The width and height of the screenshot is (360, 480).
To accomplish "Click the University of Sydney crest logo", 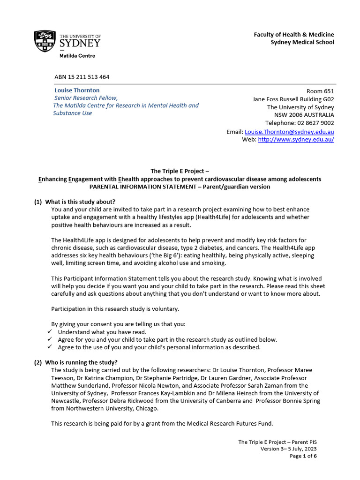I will click(x=44, y=41).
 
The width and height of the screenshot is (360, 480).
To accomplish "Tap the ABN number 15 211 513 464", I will click(x=82, y=77).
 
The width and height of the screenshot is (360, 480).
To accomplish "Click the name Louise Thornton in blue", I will click(x=77, y=90).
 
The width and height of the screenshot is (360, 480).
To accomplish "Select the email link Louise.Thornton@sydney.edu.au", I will click(x=289, y=132).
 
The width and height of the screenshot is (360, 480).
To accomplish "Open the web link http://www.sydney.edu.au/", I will click(x=296, y=140).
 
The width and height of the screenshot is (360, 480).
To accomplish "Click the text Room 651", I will click(x=320, y=91).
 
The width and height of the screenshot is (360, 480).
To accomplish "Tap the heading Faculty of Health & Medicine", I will click(x=294, y=34).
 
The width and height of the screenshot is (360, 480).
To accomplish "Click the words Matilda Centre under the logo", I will click(x=77, y=56).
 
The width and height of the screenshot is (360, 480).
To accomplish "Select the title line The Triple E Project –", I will click(x=180, y=171).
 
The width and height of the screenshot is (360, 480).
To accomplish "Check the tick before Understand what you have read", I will click(x=50, y=332).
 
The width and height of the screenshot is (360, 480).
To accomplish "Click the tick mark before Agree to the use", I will click(x=50, y=347).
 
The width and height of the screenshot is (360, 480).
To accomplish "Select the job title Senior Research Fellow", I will click(x=86, y=98).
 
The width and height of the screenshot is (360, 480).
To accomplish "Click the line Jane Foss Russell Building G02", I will click(x=293, y=99).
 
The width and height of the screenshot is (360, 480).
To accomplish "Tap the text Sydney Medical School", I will click(x=302, y=42).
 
